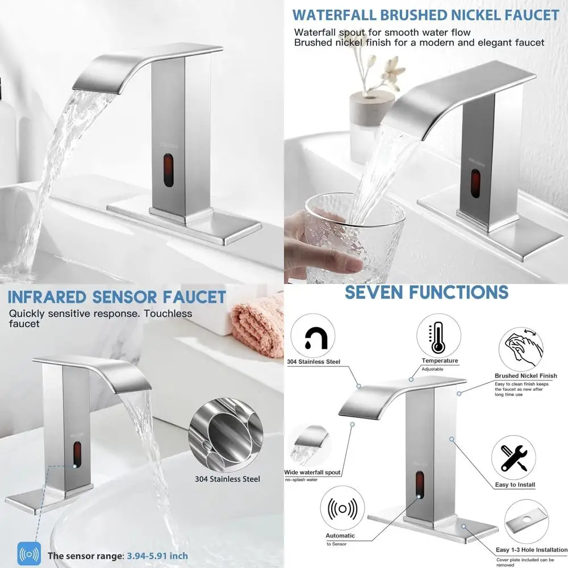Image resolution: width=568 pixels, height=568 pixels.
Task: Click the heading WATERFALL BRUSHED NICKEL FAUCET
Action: tap(427, 15)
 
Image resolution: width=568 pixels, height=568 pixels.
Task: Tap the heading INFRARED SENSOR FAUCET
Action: tap(117, 296)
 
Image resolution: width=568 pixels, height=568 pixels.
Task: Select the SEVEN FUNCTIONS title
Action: tap(427, 292)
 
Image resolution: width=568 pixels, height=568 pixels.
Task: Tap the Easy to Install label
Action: tap(515, 485)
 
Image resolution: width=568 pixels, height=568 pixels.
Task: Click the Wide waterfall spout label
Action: tap(312, 473)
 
